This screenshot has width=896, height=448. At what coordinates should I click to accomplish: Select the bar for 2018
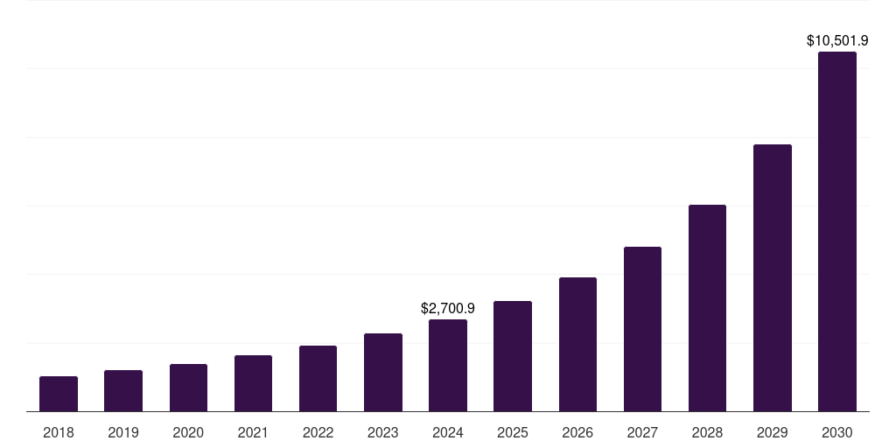coord(59,394)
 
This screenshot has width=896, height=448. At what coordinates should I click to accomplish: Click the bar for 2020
coord(188,388)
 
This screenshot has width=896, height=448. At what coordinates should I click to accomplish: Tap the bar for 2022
coord(318,378)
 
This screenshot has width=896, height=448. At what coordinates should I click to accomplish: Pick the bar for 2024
coord(448,365)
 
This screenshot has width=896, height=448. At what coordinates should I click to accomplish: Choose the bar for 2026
coord(577,344)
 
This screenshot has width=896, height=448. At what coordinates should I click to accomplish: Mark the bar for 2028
coord(707,308)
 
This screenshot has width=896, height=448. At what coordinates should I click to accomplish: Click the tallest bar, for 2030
coord(837,232)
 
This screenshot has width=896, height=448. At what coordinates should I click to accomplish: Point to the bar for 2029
coord(773,277)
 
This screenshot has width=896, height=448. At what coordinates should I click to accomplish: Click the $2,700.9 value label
coord(448,309)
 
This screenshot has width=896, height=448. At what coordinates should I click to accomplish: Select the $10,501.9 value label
coord(837,40)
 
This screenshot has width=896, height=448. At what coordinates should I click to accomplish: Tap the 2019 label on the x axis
coord(123,432)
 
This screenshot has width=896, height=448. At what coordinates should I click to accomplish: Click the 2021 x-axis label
coord(253,432)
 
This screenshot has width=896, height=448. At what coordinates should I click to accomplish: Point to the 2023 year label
coord(383,432)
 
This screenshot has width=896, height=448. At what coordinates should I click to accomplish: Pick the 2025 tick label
coord(513,432)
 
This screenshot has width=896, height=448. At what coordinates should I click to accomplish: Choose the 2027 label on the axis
coord(642,432)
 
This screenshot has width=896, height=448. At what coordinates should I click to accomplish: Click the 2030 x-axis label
coord(837,432)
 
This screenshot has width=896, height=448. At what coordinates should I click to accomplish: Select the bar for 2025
coord(513,356)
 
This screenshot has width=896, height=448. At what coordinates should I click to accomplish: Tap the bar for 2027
coord(642,329)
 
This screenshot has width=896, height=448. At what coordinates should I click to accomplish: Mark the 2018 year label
coord(59,432)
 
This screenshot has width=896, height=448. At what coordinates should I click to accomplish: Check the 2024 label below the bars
coord(448,432)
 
